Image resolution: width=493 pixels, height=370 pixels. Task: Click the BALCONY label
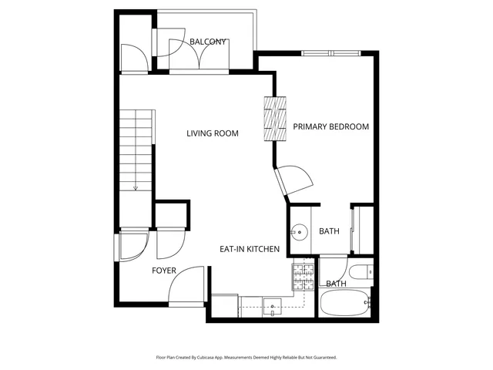(208, 42)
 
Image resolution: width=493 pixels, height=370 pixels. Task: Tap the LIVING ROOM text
(213, 133)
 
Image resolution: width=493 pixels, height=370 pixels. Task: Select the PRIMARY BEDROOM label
(330, 126)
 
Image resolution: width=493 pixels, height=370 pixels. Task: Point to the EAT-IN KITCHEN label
(249, 249)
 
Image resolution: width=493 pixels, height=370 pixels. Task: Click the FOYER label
(163, 271)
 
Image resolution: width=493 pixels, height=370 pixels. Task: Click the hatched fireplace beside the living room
(275, 119)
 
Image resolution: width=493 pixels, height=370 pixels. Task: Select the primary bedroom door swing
(297, 181)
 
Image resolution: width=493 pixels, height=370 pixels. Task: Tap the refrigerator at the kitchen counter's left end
(224, 305)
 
